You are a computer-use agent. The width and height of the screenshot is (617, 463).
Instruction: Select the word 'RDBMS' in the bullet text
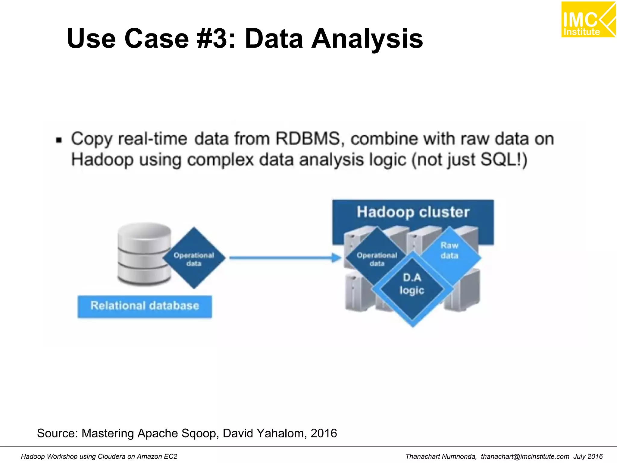click(x=308, y=139)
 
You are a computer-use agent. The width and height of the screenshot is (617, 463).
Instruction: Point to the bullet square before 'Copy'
click(x=59, y=140)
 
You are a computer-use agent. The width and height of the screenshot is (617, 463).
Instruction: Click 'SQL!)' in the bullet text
click(x=504, y=159)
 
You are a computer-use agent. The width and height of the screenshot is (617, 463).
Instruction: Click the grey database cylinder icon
click(x=144, y=254)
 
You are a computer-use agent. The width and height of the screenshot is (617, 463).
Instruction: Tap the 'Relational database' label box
click(x=145, y=306)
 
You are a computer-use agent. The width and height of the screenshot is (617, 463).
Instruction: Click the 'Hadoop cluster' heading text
click(x=413, y=212)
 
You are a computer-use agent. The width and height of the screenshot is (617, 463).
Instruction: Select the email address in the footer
click(x=525, y=457)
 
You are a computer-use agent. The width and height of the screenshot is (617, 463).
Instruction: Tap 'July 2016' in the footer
click(x=588, y=457)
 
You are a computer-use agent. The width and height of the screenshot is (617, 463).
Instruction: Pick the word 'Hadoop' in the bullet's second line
click(x=102, y=159)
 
